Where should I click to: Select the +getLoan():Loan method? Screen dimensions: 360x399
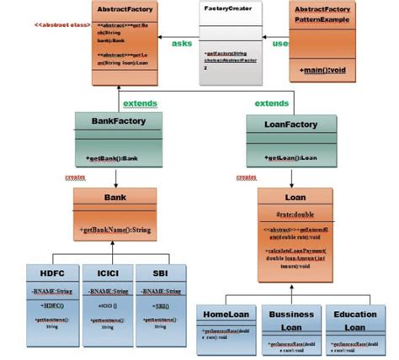click(291, 158)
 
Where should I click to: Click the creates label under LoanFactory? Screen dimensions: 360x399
click(246, 177)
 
